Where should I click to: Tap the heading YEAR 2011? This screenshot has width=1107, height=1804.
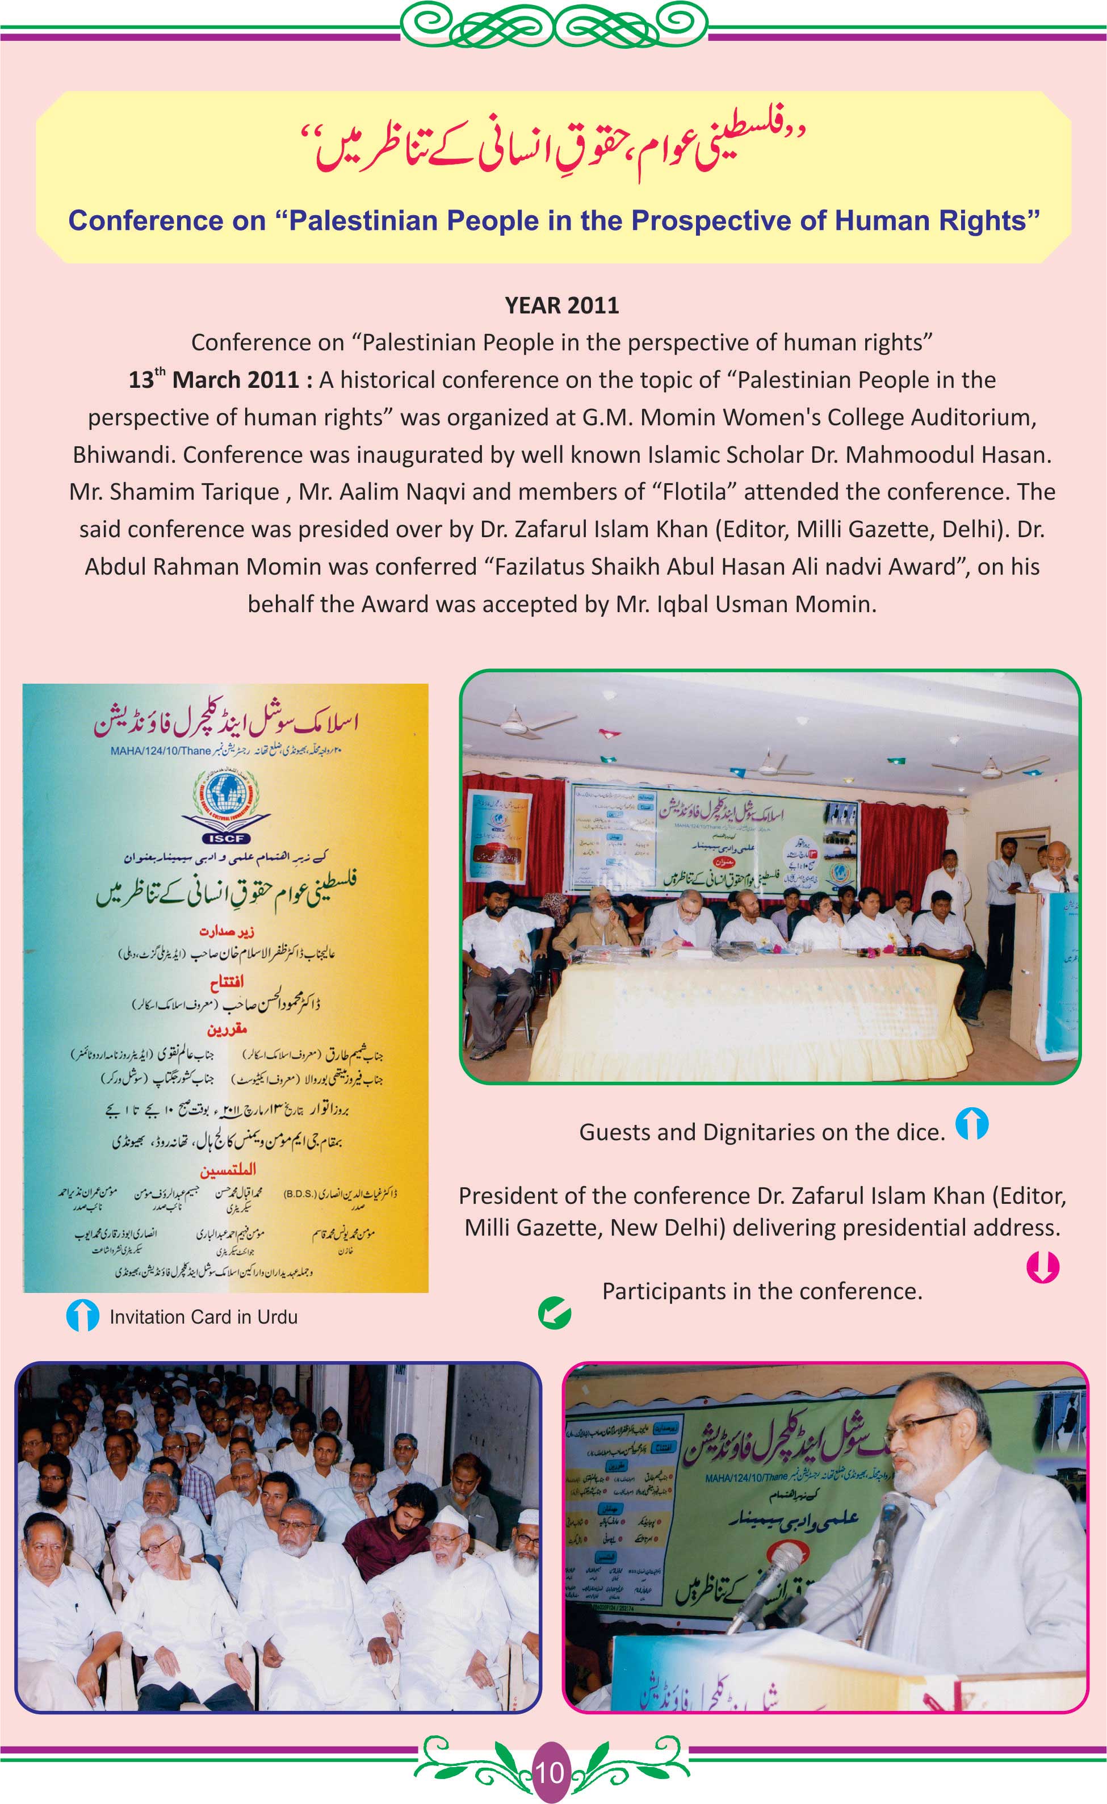(561, 305)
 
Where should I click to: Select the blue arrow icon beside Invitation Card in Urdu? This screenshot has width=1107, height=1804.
(82, 1316)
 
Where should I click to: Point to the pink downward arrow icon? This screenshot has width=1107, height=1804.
(1043, 1267)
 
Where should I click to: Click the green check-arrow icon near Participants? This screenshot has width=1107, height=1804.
(554, 1313)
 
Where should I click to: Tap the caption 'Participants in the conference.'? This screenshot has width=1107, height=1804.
(761, 1291)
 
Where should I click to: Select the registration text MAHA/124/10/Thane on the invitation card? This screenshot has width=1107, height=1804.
(161, 751)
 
